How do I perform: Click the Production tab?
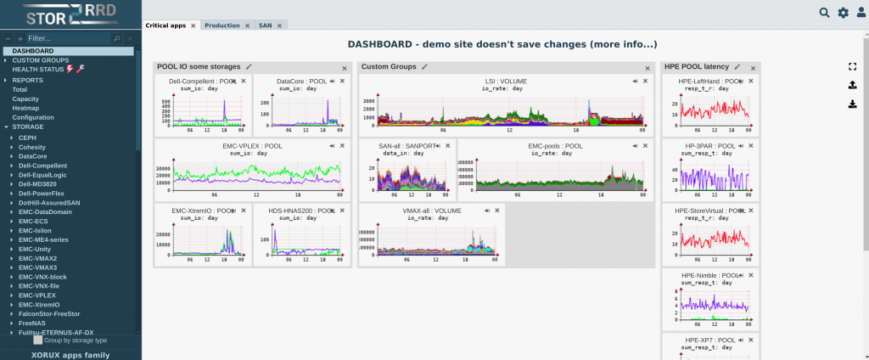click(222, 25)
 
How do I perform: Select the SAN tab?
click(266, 25)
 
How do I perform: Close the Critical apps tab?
click(193, 25)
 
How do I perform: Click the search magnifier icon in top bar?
click(824, 12)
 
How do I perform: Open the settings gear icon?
click(843, 12)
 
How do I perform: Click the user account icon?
click(861, 12)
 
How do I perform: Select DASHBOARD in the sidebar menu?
click(33, 51)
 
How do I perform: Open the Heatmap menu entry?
click(26, 108)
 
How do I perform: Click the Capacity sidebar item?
click(25, 98)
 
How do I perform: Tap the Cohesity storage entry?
click(33, 146)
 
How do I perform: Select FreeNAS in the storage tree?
click(32, 323)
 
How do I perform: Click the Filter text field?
click(68, 38)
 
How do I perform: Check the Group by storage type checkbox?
click(37, 340)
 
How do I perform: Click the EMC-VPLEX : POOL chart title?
click(246, 146)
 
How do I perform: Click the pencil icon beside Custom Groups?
click(424, 66)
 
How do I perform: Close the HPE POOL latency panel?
click(753, 67)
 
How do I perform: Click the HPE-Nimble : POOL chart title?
click(708, 276)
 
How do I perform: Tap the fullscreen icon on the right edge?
click(852, 66)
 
